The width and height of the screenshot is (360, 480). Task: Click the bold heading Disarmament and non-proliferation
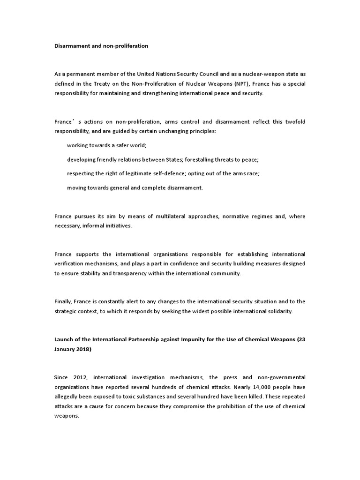click(x=101, y=46)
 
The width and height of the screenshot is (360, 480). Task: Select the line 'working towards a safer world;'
click(x=107, y=145)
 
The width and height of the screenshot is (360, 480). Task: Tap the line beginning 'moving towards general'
click(x=135, y=187)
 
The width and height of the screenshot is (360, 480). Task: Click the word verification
click(x=70, y=263)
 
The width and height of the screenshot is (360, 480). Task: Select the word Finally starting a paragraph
click(x=63, y=301)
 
